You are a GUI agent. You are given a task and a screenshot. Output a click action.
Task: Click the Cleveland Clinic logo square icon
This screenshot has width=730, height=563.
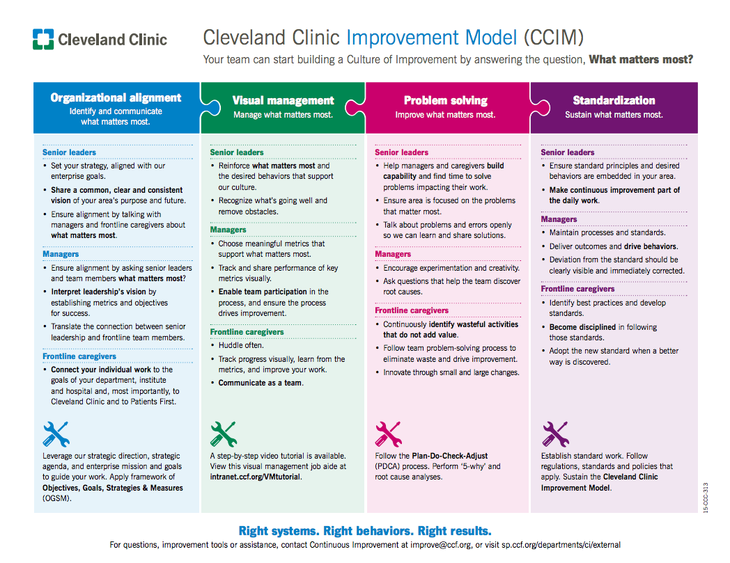point(43,39)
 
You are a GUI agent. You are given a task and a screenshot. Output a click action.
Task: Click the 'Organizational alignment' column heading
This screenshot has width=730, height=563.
point(116,97)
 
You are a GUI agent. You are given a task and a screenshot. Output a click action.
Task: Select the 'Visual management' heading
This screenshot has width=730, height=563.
point(283,101)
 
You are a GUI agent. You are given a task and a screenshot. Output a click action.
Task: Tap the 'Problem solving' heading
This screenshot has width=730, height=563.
point(445,101)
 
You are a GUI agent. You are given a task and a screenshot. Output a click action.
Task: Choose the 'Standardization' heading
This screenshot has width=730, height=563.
point(614,101)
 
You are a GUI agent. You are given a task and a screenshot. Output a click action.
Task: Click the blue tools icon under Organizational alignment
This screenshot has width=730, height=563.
point(56,434)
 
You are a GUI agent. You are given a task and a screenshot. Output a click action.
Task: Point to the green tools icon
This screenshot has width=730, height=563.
point(224,434)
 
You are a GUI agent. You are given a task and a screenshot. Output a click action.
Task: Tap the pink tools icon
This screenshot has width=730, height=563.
point(388,434)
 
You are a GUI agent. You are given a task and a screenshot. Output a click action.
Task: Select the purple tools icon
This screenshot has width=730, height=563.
point(555,434)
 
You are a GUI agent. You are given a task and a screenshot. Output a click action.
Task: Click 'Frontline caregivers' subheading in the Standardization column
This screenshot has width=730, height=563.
point(577,289)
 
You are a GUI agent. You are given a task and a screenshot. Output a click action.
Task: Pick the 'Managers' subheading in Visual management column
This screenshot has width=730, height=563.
point(228,230)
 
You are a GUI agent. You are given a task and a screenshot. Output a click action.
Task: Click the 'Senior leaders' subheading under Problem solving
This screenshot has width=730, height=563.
point(401,152)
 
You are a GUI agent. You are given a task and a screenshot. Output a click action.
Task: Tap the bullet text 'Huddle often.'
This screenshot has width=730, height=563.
point(241,345)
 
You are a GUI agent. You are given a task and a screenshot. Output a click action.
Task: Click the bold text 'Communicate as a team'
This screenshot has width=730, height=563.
point(261,383)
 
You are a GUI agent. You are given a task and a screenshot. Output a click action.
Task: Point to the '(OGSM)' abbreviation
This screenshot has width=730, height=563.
point(57,498)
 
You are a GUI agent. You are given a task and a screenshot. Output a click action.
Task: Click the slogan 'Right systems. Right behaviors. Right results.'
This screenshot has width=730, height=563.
point(365,530)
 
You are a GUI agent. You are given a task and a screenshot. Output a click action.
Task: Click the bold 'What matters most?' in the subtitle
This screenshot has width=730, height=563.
point(641,59)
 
